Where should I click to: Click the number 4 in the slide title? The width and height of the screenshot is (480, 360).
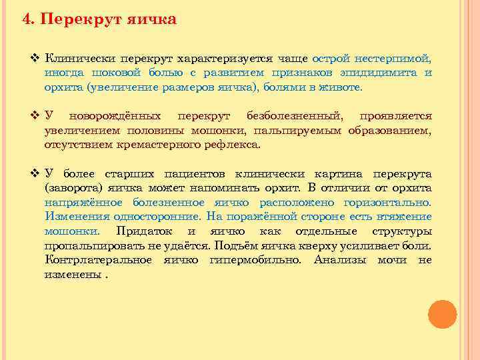[27, 19]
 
